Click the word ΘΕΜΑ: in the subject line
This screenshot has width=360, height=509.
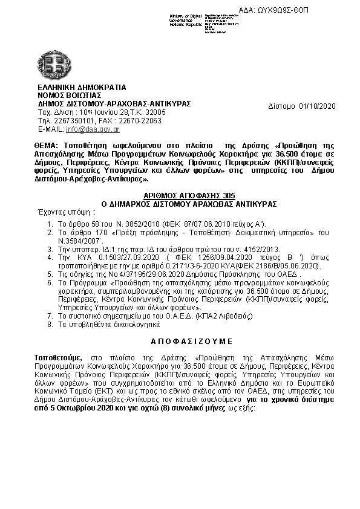tap(48, 146)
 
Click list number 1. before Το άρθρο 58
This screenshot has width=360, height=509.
tap(50, 224)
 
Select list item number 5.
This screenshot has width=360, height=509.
tap(50, 273)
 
